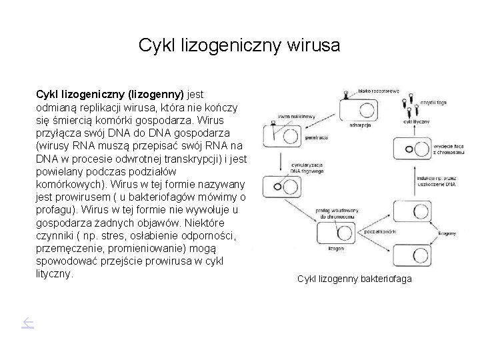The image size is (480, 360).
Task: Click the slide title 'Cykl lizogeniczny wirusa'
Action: [239, 45]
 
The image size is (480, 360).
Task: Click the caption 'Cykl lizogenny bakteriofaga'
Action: [354, 278]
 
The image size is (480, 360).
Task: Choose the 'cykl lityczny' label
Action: [417, 122]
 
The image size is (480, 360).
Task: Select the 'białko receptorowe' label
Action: [378, 91]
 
